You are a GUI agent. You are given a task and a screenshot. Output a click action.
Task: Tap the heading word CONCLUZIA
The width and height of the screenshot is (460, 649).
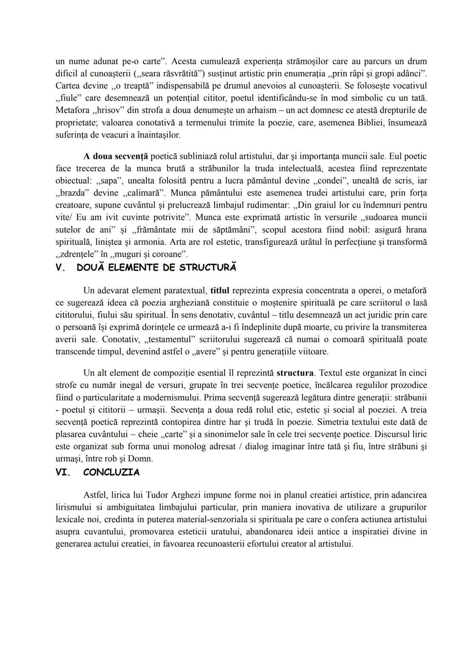pos(112,472)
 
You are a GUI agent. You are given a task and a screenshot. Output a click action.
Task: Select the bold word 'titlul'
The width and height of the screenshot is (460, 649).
pos(220,291)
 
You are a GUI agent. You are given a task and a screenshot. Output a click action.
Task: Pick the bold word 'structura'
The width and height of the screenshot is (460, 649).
pos(295,373)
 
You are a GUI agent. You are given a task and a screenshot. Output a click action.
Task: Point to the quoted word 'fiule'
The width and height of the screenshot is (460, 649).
pos(69,98)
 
